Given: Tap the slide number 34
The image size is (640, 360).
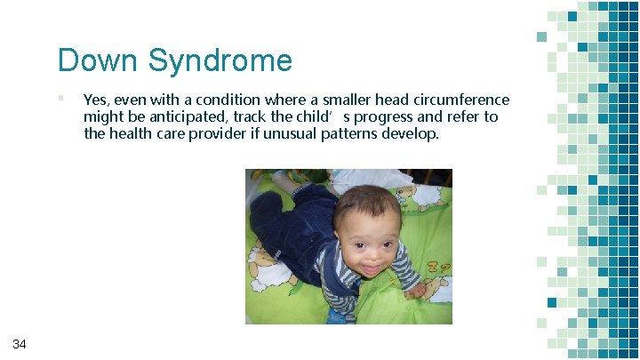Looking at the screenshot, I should (x=20, y=344).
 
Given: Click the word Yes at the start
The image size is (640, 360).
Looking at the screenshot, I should (x=94, y=100).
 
